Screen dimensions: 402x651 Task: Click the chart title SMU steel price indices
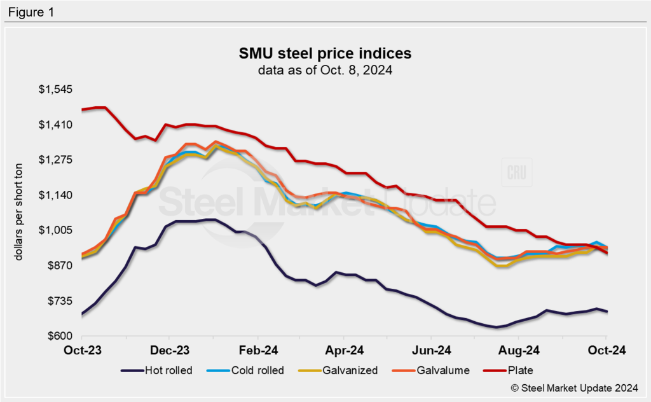click(x=325, y=53)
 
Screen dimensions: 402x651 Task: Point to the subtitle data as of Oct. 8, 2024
click(x=325, y=71)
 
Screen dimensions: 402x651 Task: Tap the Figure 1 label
click(x=31, y=11)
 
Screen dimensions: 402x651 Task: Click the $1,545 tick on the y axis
click(x=56, y=90)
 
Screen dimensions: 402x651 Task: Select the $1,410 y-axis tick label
click(x=56, y=125)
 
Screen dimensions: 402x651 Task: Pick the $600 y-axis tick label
click(x=60, y=336)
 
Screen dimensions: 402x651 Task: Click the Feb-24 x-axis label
click(x=258, y=350)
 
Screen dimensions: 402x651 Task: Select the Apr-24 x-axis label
click(x=345, y=350)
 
